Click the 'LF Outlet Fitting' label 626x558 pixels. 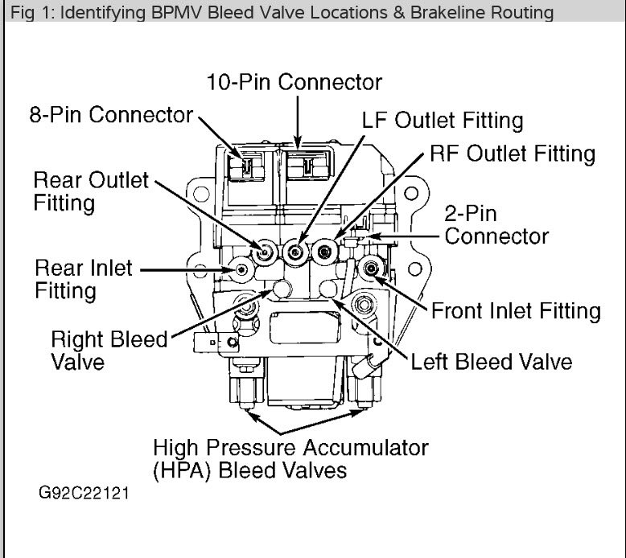(442, 121)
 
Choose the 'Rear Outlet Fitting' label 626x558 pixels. (91, 191)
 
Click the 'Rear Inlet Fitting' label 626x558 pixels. (84, 277)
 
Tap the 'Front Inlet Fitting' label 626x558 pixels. (516, 310)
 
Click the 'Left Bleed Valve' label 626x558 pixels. (491, 360)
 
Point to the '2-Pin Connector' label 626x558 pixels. (496, 225)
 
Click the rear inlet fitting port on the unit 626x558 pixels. (239, 271)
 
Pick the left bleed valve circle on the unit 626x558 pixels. (329, 289)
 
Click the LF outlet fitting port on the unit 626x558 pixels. (296, 252)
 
